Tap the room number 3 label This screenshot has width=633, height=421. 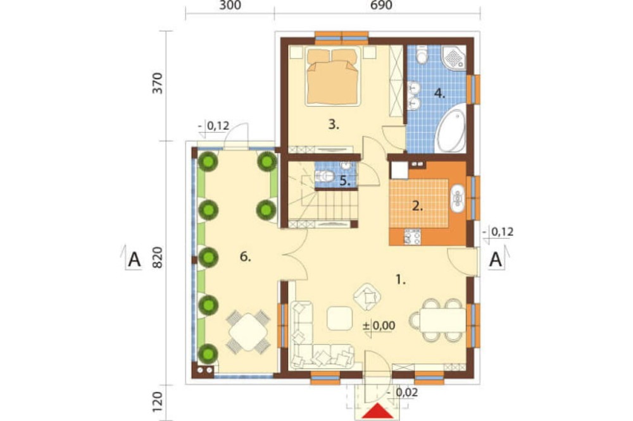tap(334, 125)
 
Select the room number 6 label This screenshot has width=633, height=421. tap(245, 257)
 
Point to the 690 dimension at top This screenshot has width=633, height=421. tap(380, 5)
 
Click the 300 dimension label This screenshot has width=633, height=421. tap(231, 5)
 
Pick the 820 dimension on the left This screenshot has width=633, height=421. tap(157, 257)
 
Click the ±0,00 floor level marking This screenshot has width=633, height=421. tap(379, 326)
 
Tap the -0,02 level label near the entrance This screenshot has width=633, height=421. tap(402, 393)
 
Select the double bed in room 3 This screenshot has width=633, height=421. tap(332, 76)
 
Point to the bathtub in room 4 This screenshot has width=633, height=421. tap(451, 131)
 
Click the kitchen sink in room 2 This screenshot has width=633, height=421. tap(458, 198)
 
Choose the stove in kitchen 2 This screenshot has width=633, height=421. tap(413, 236)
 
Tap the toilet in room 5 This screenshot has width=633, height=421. tap(325, 176)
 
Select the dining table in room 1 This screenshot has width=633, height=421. tap(443, 320)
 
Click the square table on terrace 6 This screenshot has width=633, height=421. tap(248, 332)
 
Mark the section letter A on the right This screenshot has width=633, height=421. tap(496, 260)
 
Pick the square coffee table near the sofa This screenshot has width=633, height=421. tap(340, 319)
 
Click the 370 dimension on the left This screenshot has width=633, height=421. tap(157, 83)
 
